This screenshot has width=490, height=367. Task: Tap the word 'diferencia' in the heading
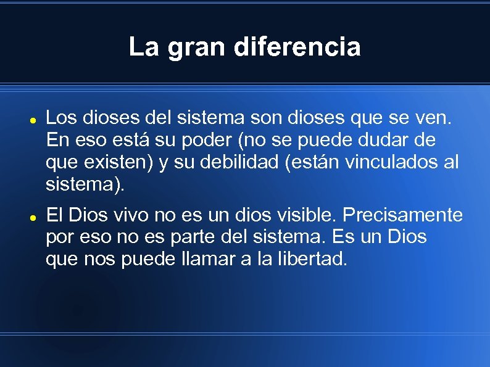coord(297,47)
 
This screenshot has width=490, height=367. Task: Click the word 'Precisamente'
coord(402,215)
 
